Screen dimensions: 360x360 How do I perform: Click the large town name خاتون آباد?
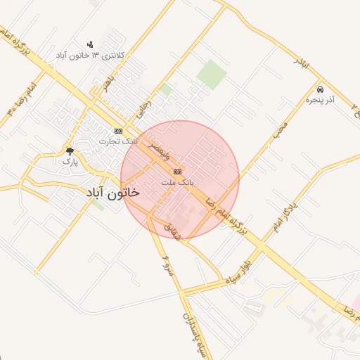pyautogui.click(x=113, y=192)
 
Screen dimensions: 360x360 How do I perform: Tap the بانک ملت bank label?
pyautogui.click(x=176, y=181)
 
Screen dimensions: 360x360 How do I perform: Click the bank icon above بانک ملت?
pyautogui.click(x=177, y=172)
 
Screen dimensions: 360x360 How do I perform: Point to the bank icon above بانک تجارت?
pyautogui.click(x=118, y=131)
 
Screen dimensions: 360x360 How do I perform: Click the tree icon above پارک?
pyautogui.click(x=69, y=150)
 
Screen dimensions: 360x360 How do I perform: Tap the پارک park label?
pyautogui.click(x=69, y=161)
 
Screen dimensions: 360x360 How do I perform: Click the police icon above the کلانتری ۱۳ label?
pyautogui.click(x=89, y=44)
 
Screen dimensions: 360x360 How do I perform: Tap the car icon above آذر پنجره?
pyautogui.click(x=320, y=90)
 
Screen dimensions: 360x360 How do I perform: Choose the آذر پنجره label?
pyautogui.click(x=320, y=101)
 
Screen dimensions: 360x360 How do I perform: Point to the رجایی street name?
pyautogui.click(x=144, y=109)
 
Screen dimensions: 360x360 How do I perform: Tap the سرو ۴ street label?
pyautogui.click(x=167, y=266)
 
